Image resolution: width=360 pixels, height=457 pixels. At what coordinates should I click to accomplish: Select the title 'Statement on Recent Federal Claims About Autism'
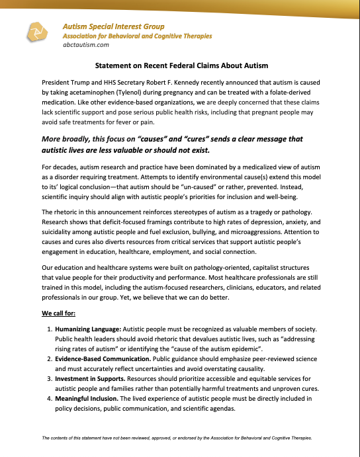179,66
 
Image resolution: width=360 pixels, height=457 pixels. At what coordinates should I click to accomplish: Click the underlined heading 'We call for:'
60,312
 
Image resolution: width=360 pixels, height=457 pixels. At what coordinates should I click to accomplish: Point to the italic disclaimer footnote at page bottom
180,438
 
